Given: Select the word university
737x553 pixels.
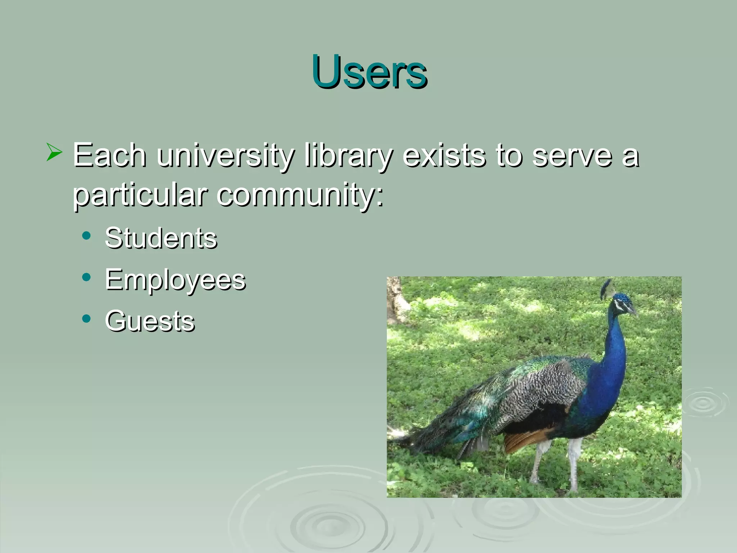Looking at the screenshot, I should coord(225,156).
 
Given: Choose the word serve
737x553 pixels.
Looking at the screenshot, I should coord(572,156).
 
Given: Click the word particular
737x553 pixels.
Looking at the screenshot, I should coord(140,195).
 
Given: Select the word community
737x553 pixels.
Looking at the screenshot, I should coord(300,195).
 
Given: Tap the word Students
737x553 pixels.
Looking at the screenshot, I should coord(161,238).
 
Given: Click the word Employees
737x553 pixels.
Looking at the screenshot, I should coord(175,280).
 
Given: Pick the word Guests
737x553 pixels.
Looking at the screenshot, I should coord(150,321).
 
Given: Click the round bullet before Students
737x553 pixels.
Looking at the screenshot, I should coord(86,236).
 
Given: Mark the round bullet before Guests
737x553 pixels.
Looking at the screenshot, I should coord(86,319).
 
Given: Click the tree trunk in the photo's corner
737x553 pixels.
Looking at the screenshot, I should coord(396,299).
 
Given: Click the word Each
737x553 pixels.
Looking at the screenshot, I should coord(109,156).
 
